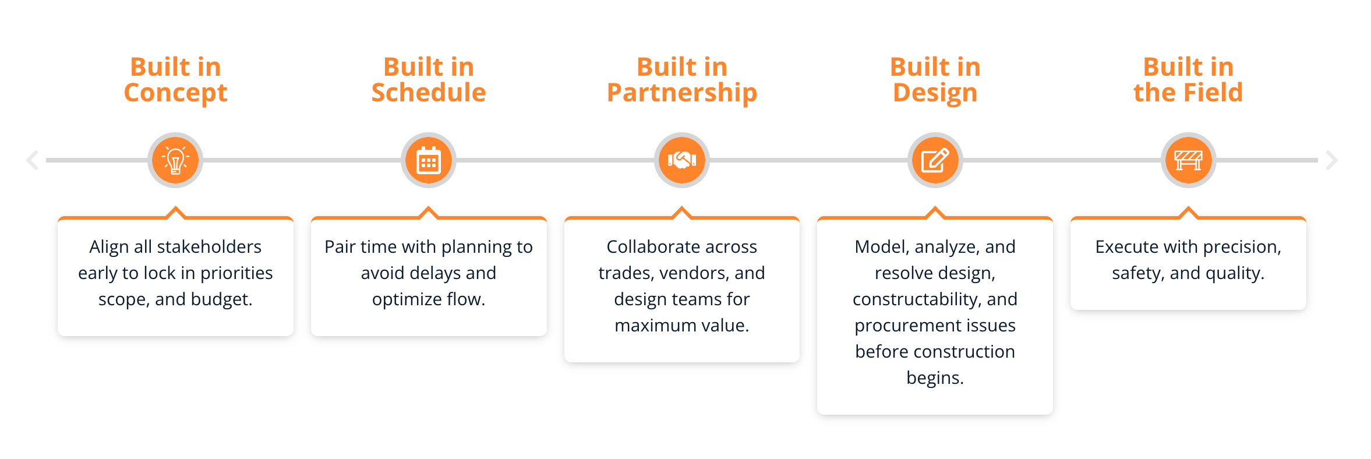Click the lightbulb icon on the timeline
(175, 160)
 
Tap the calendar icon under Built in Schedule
(429, 160)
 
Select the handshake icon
(682, 160)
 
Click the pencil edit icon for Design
(935, 160)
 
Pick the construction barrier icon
(1188, 160)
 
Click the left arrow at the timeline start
(33, 160)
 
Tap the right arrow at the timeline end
(1331, 160)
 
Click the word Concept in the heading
(175, 93)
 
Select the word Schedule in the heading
(429, 93)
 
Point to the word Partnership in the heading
(682, 93)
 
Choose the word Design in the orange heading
(935, 93)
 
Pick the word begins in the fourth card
(935, 378)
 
